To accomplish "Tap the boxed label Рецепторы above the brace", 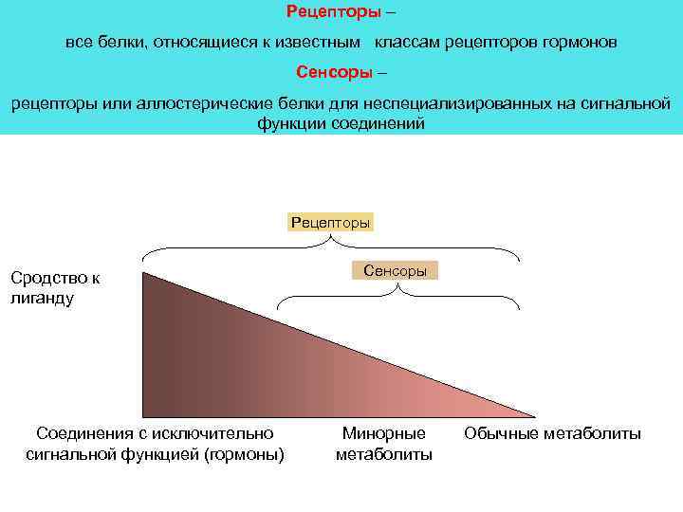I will (331, 222).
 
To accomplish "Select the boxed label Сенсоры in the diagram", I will (395, 270).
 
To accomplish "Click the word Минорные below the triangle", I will (384, 434).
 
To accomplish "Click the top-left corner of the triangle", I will (143, 273).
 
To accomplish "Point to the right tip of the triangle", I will (535, 416).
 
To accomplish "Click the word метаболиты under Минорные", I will (384, 454).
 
